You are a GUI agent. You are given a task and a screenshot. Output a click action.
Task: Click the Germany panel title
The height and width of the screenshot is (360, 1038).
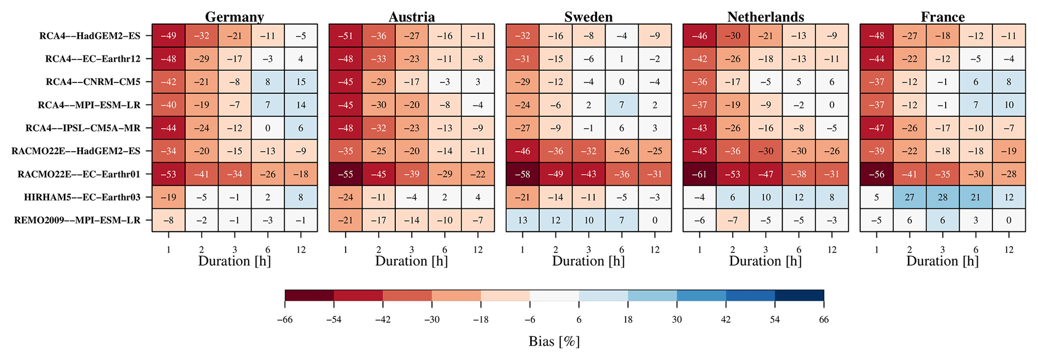click(235, 17)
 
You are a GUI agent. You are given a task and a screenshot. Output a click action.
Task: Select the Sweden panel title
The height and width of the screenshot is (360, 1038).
click(588, 17)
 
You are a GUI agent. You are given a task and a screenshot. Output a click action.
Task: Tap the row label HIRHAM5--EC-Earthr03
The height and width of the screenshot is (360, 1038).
click(82, 197)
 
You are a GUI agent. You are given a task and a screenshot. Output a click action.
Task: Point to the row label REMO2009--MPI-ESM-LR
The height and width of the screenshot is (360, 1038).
click(79, 220)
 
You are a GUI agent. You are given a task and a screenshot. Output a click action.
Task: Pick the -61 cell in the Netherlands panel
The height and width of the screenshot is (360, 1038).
click(700, 174)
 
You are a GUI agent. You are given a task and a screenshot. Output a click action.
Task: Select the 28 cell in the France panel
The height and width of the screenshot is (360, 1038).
click(943, 197)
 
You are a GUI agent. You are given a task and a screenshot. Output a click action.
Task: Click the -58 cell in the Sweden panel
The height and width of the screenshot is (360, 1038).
click(522, 174)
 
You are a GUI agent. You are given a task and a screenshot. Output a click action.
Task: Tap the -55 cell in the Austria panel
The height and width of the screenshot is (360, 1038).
click(345, 174)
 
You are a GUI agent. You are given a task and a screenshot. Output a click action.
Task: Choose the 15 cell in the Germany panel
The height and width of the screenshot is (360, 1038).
click(300, 82)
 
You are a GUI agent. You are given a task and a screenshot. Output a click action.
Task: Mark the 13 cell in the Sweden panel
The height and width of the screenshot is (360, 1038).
click(522, 220)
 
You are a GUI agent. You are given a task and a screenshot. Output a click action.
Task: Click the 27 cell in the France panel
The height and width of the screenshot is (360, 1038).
click(909, 197)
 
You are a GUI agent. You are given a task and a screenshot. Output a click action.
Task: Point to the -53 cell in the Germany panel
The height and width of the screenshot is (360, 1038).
click(168, 174)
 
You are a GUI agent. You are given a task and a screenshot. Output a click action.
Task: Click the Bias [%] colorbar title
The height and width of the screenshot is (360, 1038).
click(554, 342)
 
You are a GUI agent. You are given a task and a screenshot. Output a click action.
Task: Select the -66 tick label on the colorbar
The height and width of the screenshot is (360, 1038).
click(285, 320)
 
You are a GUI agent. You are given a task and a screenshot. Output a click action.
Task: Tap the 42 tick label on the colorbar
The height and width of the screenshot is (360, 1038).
click(726, 320)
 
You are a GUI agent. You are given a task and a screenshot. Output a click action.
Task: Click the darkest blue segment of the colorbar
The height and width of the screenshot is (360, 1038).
click(799, 295)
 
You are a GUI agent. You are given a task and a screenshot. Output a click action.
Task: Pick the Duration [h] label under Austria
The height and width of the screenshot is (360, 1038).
click(411, 261)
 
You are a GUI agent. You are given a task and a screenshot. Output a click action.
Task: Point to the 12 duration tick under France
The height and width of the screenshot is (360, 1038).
click(1009, 250)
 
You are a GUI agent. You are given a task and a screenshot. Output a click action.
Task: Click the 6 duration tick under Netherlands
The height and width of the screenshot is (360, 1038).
click(798, 250)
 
